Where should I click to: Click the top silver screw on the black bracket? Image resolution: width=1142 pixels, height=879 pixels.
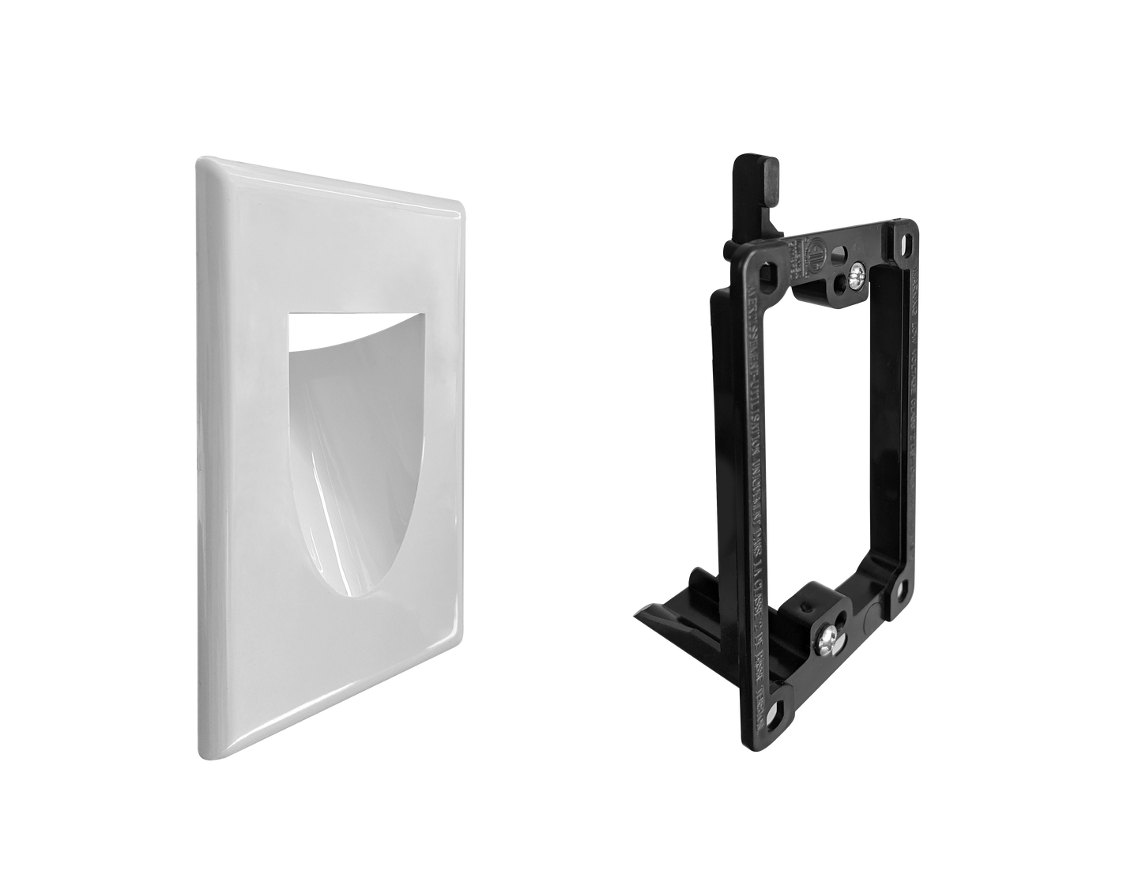coord(858,276)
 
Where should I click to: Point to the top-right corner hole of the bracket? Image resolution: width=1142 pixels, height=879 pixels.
coord(903,233)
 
